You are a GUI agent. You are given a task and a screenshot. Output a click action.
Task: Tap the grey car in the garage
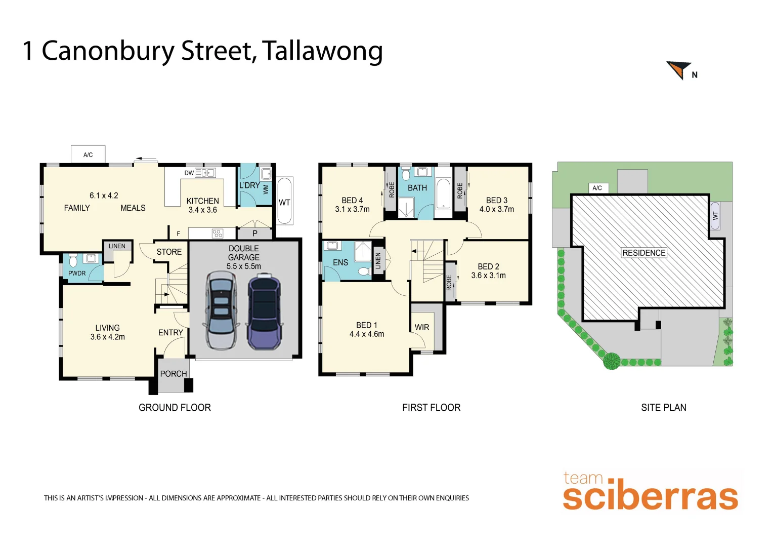click(x=221, y=310)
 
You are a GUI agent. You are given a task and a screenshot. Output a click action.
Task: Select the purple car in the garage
click(x=264, y=311)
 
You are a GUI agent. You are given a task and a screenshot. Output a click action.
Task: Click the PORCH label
click(x=174, y=374)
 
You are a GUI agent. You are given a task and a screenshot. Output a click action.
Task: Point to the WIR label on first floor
click(x=422, y=327)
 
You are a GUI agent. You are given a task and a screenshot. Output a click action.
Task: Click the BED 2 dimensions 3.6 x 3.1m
click(x=488, y=276)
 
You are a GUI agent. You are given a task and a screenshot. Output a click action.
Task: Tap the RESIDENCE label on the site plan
click(x=643, y=253)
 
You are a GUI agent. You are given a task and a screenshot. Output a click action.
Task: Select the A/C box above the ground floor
click(x=88, y=154)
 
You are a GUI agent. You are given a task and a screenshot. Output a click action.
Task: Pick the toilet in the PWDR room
click(x=73, y=260)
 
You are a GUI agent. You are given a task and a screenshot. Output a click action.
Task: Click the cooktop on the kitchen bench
click(x=217, y=233)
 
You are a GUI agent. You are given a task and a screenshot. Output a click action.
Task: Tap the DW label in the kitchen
click(x=189, y=173)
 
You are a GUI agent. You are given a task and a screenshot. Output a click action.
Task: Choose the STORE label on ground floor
click(x=169, y=252)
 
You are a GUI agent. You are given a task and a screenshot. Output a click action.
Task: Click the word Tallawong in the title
click(x=322, y=52)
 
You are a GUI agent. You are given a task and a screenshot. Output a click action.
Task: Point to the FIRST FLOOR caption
click(x=431, y=408)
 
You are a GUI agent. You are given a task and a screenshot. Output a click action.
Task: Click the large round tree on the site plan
click(x=611, y=361)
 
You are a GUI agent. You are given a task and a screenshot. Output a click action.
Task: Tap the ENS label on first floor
click(x=340, y=262)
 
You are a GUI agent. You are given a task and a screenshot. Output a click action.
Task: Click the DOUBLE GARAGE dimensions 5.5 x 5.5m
click(x=244, y=266)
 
